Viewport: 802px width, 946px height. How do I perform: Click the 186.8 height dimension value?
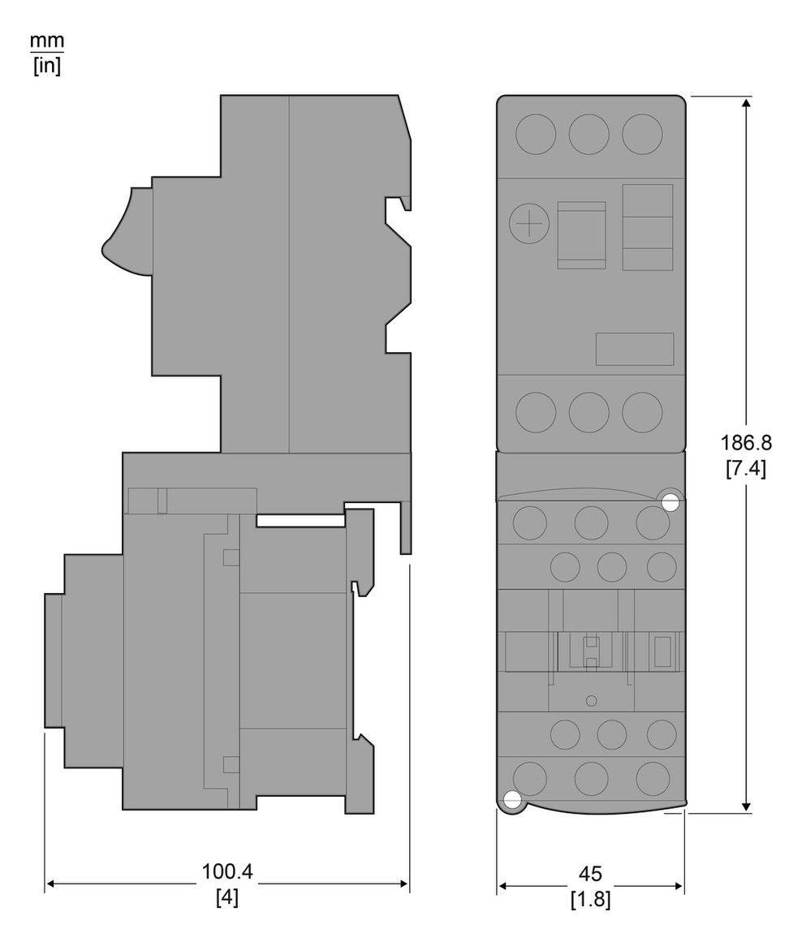click(746, 443)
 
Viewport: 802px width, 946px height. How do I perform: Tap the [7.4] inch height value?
click(746, 467)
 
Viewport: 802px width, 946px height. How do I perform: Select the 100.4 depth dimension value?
click(227, 871)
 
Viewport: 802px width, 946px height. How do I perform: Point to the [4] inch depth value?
click(227, 897)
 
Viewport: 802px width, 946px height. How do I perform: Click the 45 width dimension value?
click(590, 874)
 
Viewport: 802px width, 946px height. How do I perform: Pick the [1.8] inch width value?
click(590, 899)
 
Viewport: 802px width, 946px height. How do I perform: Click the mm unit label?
click(47, 41)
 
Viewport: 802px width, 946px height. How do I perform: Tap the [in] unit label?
click(47, 65)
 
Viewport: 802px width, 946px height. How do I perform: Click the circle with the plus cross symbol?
click(529, 224)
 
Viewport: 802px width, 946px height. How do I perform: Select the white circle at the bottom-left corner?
click(511, 800)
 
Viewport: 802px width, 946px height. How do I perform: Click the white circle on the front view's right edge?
click(670, 502)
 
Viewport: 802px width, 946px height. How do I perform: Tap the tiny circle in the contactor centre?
click(592, 700)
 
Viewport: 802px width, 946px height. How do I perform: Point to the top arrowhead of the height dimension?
click(747, 103)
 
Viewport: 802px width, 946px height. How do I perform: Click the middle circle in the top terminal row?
click(589, 134)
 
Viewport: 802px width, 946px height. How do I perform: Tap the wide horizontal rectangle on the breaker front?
click(635, 349)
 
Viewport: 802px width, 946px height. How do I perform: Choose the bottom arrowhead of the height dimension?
click(747, 806)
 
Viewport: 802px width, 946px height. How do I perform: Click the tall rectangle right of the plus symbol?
click(582, 235)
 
